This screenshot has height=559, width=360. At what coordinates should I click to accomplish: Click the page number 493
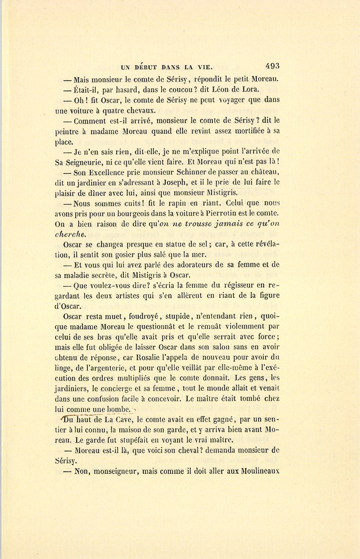[272, 66]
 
